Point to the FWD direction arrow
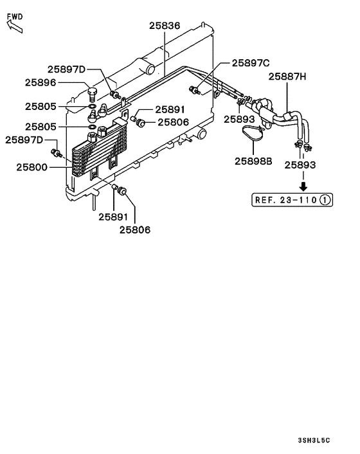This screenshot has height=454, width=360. (x=14, y=26)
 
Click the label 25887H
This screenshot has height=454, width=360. (x=287, y=77)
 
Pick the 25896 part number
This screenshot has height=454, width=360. (x=40, y=82)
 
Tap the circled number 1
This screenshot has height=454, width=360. (x=325, y=200)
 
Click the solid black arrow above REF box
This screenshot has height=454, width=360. (x=300, y=184)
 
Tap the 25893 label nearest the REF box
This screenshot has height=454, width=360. (x=300, y=165)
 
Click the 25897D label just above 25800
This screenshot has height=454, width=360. (x=24, y=140)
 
